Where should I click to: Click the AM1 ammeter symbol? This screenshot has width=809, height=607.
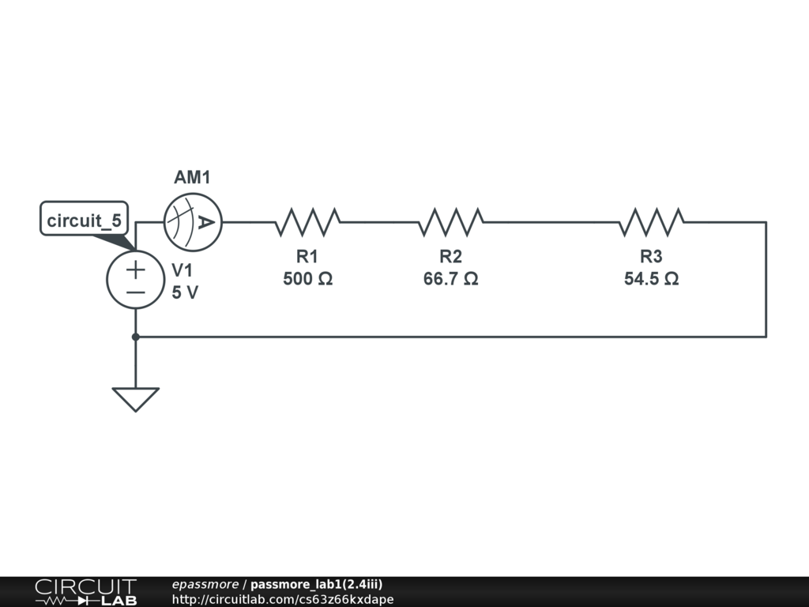(193, 223)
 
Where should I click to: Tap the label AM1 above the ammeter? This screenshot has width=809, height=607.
(193, 178)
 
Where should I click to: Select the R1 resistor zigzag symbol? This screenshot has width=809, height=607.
(307, 223)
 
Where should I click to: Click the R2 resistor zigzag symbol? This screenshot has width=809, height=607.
(451, 223)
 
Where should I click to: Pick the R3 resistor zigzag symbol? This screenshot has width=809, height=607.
(651, 223)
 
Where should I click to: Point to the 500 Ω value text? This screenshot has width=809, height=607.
(307, 279)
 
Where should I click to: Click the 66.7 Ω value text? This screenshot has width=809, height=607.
(450, 279)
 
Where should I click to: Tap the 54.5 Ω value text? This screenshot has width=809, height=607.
(651, 279)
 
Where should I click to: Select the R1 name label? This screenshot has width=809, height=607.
(307, 257)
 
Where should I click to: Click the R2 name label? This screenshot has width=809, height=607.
(450, 257)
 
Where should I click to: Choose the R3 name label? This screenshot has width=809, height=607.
(651, 257)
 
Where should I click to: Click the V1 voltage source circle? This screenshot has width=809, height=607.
(136, 281)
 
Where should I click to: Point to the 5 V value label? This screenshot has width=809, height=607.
(185, 292)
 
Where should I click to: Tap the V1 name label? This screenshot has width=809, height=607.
(182, 270)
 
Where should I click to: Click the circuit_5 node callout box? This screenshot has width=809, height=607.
(84, 220)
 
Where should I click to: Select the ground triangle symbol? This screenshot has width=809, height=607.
(136, 398)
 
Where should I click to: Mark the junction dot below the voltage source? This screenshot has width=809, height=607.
(136, 337)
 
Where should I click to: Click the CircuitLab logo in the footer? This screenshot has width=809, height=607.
(85, 592)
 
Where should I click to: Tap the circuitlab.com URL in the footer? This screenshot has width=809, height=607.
(282, 599)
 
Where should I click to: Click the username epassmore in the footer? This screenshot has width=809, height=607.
(205, 585)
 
